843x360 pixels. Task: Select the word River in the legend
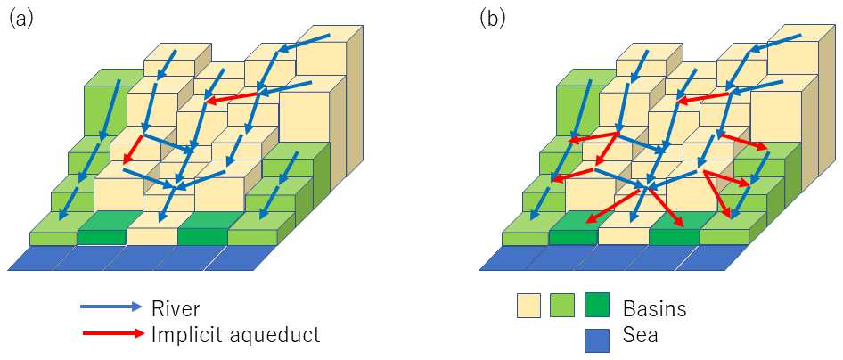coord(175,308)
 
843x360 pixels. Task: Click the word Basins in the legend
coord(655,308)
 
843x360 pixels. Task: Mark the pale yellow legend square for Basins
coord(529,307)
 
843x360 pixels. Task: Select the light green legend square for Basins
coord(562,307)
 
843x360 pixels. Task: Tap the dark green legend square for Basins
coord(596,307)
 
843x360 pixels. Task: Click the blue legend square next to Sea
coord(596,336)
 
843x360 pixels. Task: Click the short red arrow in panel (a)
coord(133,150)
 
